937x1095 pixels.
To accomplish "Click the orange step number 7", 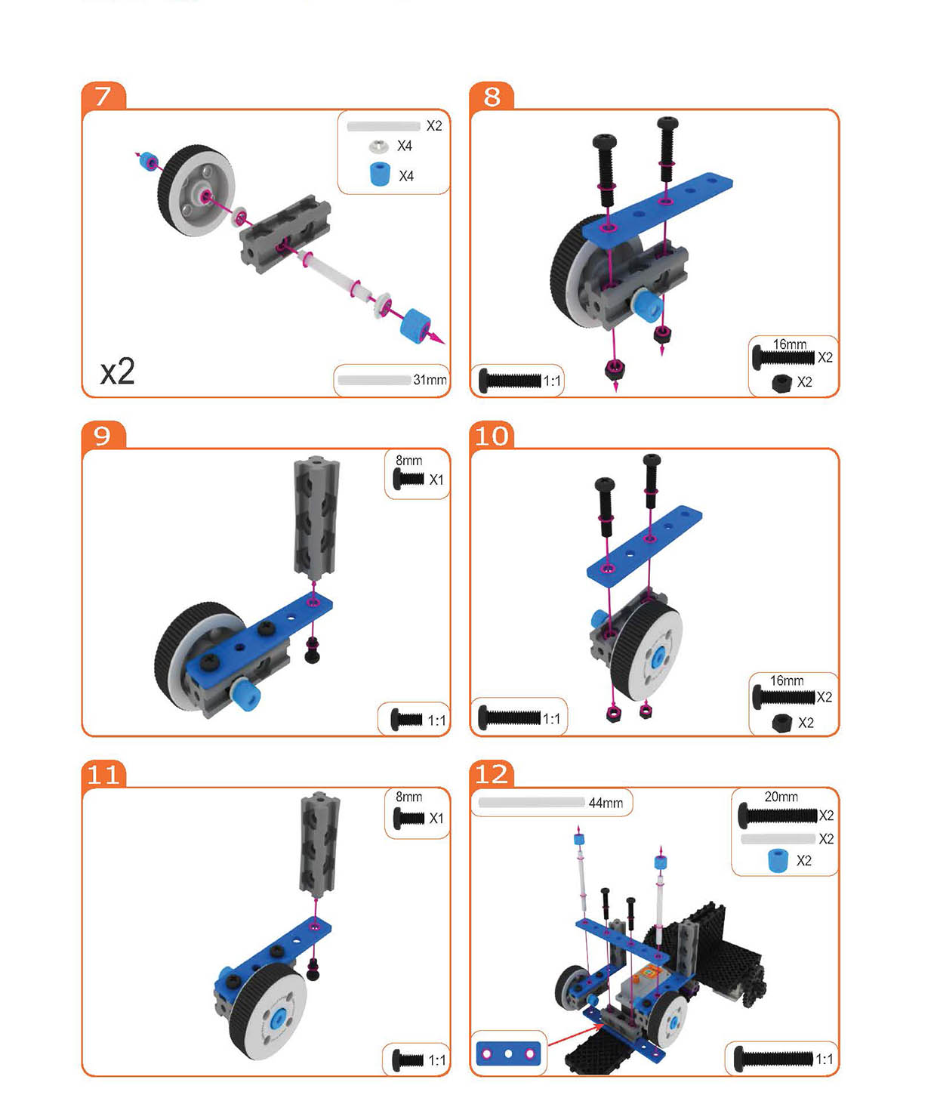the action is pyautogui.click(x=103, y=96).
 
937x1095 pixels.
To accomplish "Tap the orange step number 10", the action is pyautogui.click(x=492, y=436).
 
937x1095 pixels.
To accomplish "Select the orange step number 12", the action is pyautogui.click(x=492, y=775).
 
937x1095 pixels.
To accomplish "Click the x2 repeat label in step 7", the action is pyautogui.click(x=118, y=372).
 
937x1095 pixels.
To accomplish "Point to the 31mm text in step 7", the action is pyautogui.click(x=430, y=380).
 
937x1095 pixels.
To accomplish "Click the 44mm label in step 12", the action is pyautogui.click(x=606, y=803).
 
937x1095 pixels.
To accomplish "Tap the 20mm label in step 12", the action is pyautogui.click(x=781, y=797).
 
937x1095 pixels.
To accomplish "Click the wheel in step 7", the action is pyautogui.click(x=196, y=190).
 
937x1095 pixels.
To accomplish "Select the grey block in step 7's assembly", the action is pyautogui.click(x=285, y=233).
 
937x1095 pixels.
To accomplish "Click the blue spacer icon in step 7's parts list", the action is pyautogui.click(x=380, y=174).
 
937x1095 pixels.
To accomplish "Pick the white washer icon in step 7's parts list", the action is pyautogui.click(x=379, y=146).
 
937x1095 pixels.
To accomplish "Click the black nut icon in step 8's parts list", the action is pyautogui.click(x=781, y=383).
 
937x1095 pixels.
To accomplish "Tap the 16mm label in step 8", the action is pyautogui.click(x=789, y=344).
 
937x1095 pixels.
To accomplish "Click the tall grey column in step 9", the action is pyautogui.click(x=316, y=517).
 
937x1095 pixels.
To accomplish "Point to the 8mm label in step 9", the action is pyautogui.click(x=409, y=461).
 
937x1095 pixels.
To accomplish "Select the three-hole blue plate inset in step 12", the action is pyautogui.click(x=508, y=1054).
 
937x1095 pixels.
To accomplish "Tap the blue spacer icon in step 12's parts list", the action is pyautogui.click(x=778, y=861).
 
